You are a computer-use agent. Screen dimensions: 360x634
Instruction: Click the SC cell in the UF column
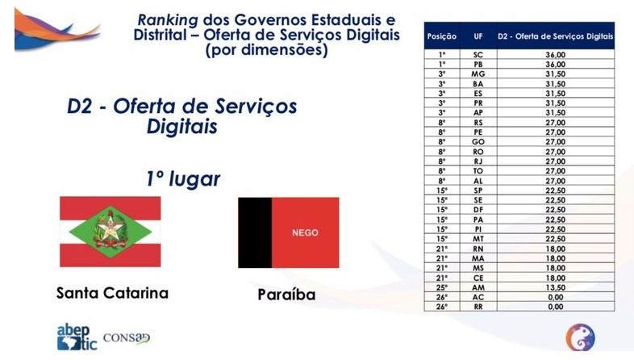[478, 54]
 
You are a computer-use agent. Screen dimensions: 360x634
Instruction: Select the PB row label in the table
[478, 64]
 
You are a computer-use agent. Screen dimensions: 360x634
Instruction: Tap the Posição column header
[441, 36]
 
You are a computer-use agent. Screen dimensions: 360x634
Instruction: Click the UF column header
[478, 36]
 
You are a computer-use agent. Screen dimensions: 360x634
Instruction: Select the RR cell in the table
[478, 308]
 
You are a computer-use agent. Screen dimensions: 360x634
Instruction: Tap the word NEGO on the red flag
[304, 232]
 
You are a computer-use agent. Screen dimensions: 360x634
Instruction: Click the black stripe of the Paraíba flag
[254, 232]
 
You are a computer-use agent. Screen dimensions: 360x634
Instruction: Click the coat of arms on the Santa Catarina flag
[109, 229]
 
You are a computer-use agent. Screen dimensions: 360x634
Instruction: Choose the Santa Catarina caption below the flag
[112, 293]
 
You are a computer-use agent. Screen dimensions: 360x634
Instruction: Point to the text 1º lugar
[185, 178]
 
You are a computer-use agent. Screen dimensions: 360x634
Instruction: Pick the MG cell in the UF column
[478, 73]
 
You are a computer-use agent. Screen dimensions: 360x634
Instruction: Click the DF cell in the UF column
[478, 210]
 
